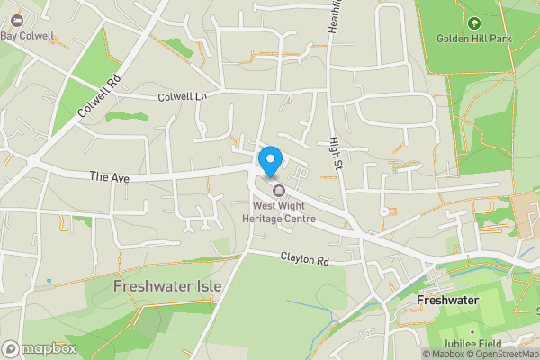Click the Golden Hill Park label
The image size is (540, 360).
[473, 39]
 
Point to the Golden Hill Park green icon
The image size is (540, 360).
[473, 23]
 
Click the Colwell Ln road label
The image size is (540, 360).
[182, 96]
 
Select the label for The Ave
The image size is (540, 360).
[110, 178]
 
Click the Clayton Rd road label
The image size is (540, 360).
[303, 259]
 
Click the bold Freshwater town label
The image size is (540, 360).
[446, 299]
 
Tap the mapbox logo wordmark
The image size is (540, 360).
[43, 348]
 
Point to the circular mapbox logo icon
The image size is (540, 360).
[11, 348]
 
